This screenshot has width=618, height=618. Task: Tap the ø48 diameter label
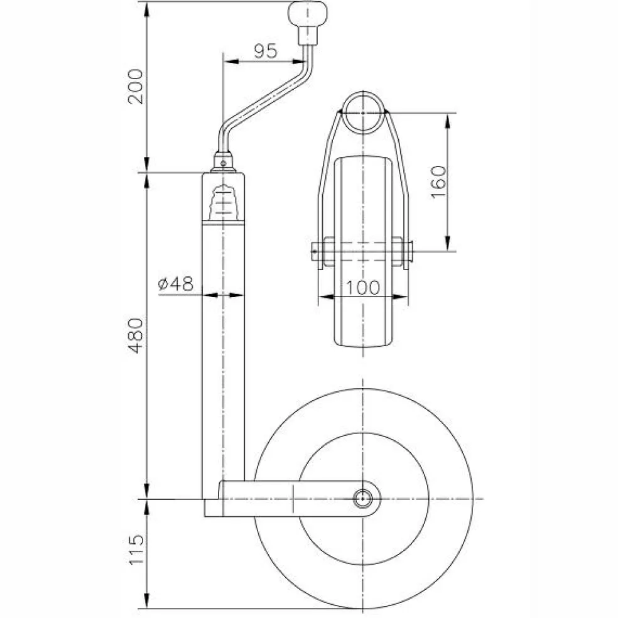(175, 285)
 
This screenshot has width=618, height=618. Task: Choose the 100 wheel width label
(364, 287)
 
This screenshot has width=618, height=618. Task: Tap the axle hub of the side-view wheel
(362, 499)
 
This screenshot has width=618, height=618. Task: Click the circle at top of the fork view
(364, 112)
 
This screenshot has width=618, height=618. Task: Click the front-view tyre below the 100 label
(364, 327)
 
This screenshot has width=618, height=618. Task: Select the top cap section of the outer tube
(223, 198)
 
